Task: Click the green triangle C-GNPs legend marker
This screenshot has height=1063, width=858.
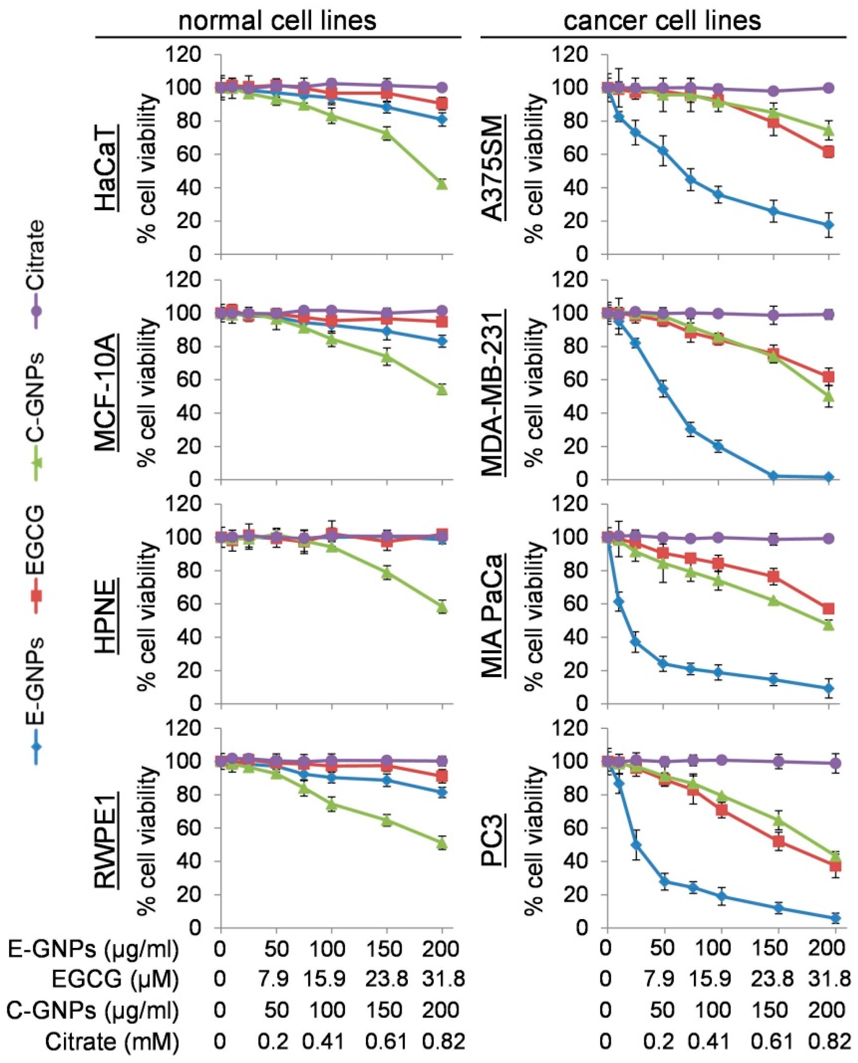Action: pyautogui.click(x=37, y=463)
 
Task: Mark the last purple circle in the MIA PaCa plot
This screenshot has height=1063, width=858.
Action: pyautogui.click(x=829, y=538)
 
